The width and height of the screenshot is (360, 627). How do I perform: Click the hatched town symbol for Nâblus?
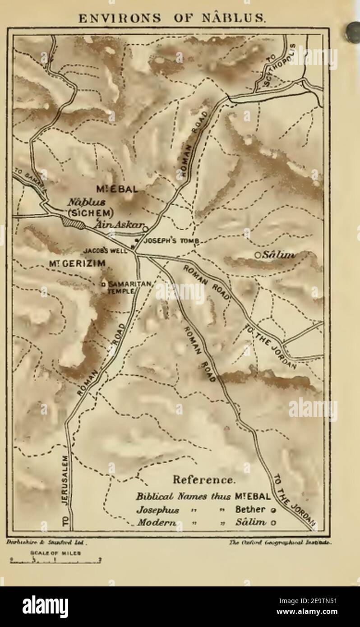pos(72,222)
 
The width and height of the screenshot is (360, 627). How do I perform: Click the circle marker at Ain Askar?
pos(145,229)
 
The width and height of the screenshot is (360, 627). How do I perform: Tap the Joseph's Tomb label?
pos(171,241)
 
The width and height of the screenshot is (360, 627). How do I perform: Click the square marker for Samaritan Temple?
pos(103,284)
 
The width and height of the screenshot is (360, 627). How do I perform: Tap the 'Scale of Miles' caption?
pos(56,553)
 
